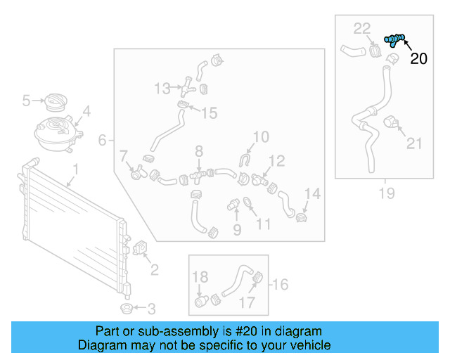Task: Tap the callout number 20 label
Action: point(418,59)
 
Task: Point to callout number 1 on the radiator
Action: point(76,169)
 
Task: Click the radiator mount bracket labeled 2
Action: point(138,249)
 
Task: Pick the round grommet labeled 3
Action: point(127,309)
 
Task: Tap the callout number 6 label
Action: point(102,141)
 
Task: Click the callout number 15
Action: point(210,112)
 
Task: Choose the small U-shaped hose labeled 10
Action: point(244,162)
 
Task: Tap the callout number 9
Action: point(237,229)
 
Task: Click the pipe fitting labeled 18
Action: point(202,302)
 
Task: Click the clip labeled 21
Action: point(392,124)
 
